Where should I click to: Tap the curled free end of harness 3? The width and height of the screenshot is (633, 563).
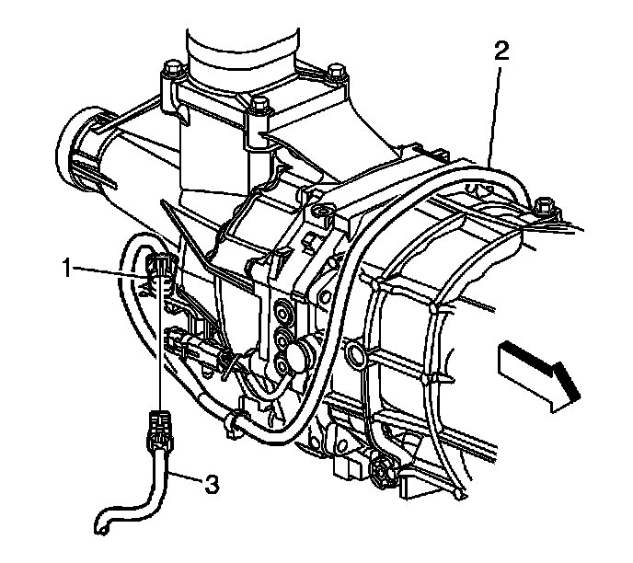103,527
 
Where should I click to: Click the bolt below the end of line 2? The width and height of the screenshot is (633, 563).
542,204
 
